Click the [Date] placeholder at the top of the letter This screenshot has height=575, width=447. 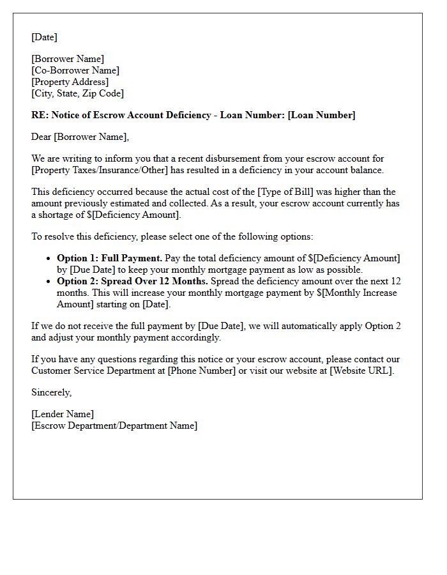(44, 37)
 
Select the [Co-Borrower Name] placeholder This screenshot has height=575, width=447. (75, 70)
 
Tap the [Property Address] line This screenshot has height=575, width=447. (70, 82)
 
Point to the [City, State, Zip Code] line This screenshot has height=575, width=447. (77, 93)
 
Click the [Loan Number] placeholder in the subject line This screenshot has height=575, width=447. (321, 115)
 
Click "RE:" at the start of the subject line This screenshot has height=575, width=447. (40, 115)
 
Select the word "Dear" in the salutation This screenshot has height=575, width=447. (42, 137)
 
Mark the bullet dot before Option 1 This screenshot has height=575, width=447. (49, 259)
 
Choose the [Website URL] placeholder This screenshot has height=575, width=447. (361, 371)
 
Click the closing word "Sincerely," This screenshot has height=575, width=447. (52, 392)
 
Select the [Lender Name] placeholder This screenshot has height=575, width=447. (63, 414)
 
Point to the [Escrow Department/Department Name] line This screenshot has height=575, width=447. (114, 425)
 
